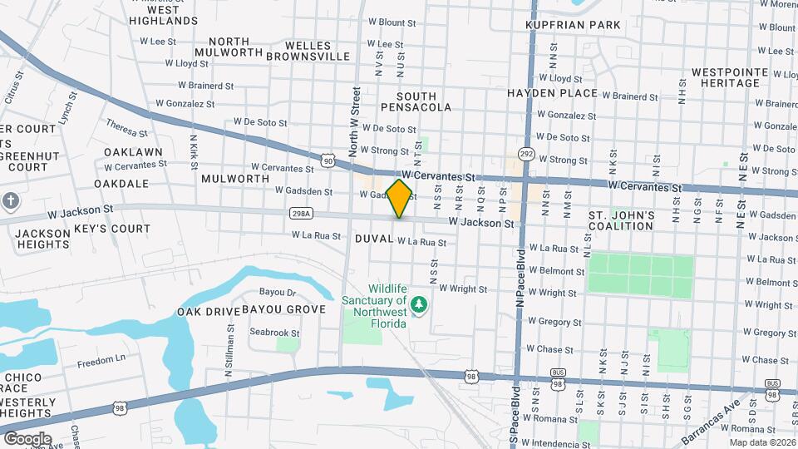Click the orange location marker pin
(400, 198)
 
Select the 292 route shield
(526, 155)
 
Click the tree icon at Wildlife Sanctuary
(420, 303)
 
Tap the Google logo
(27, 438)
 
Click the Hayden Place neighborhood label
(552, 93)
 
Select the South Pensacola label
(416, 102)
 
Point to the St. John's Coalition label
(622, 221)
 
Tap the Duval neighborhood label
(374, 239)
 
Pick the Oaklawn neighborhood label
(133, 152)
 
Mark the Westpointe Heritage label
(729, 78)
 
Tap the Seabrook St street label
(274, 333)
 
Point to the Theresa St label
(126, 127)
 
